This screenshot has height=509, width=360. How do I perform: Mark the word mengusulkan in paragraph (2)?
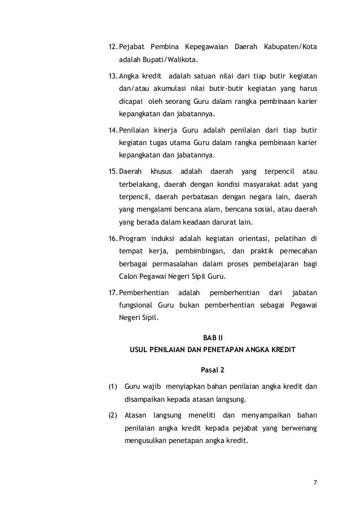pyautogui.click(x=146, y=442)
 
